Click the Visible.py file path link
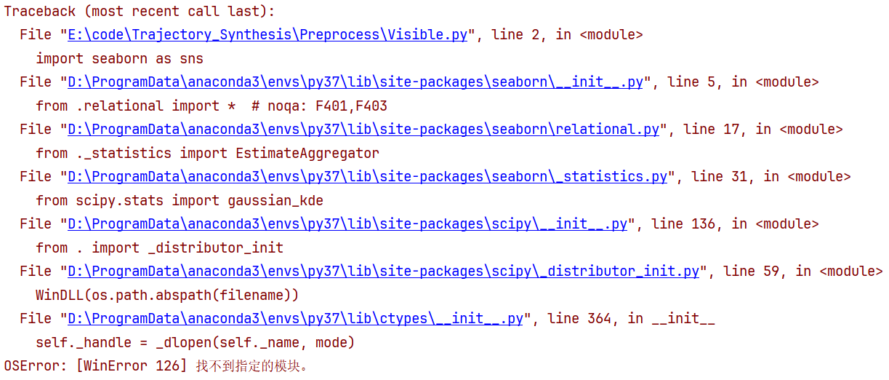(267, 35)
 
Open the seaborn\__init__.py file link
(355, 82)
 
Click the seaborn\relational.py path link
(363, 130)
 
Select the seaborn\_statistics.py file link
(367, 177)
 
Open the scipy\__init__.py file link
(347, 224)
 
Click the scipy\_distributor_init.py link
(383, 272)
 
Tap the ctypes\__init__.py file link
(295, 319)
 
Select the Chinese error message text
(252, 365)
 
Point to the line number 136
(704, 224)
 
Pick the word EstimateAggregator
(307, 153)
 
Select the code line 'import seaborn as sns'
(119, 58)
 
